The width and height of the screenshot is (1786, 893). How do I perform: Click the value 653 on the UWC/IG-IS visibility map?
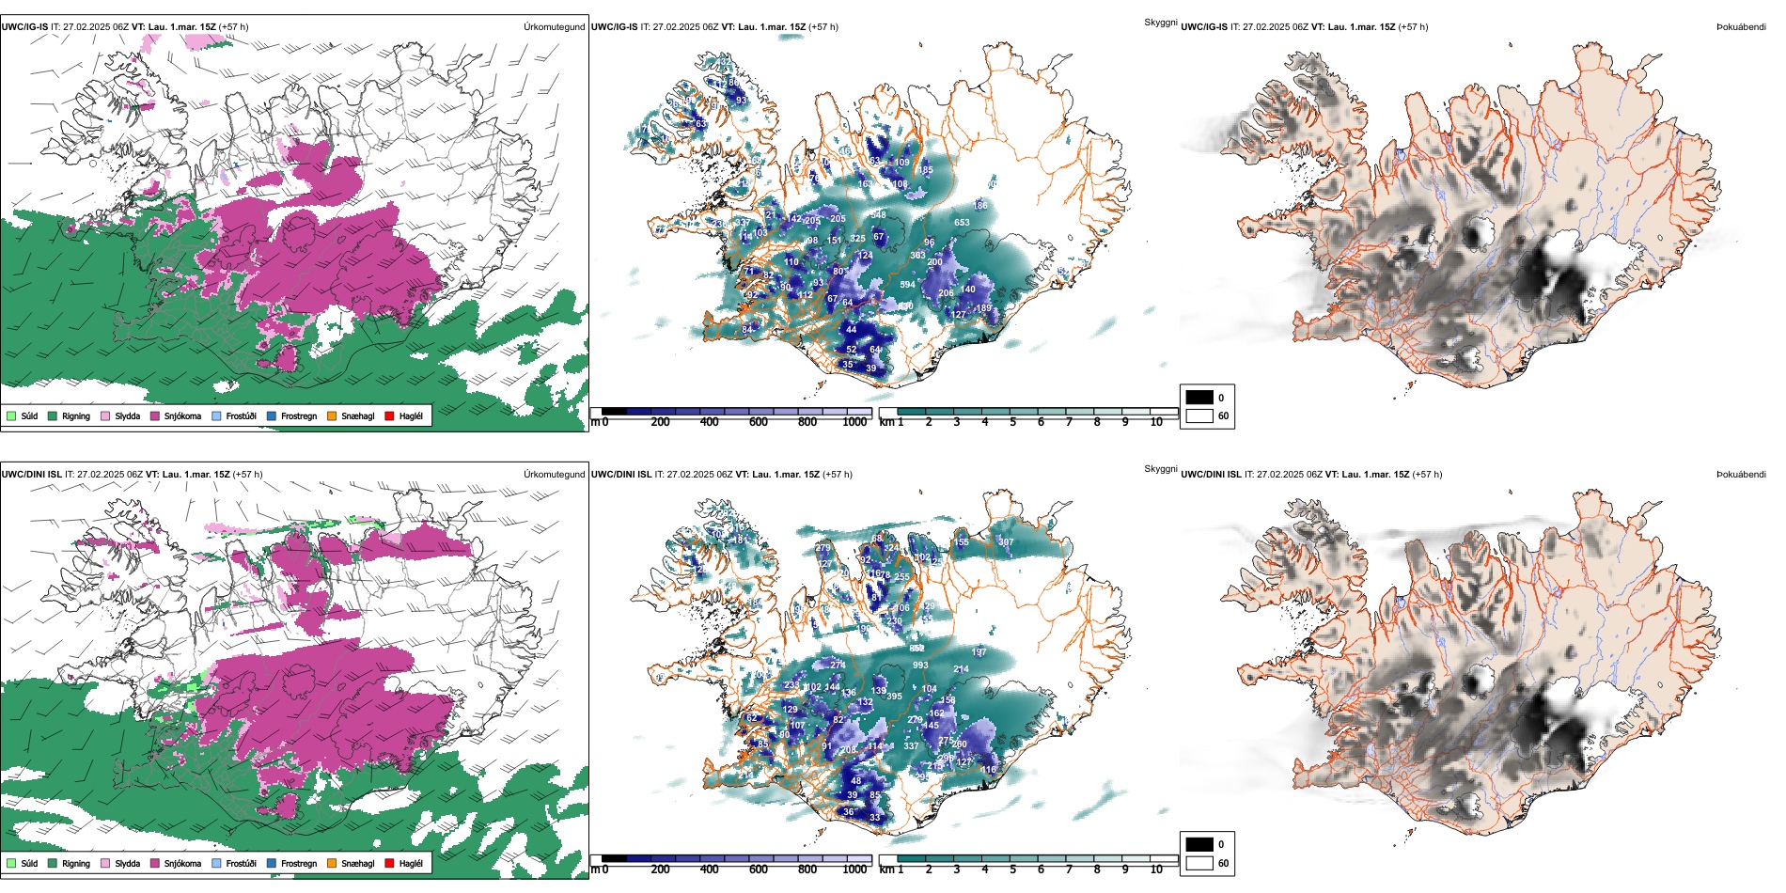pyautogui.click(x=962, y=223)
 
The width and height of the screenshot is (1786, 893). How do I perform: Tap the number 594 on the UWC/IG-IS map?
pyautogui.click(x=907, y=285)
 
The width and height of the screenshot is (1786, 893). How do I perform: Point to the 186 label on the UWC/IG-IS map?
pyautogui.click(x=980, y=206)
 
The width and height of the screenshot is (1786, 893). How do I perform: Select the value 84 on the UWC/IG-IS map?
pyautogui.click(x=747, y=329)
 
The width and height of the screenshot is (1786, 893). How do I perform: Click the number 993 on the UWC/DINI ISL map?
pyautogui.click(x=920, y=666)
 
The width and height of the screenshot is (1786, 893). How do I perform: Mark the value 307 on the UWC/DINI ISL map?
pyautogui.click(x=1006, y=542)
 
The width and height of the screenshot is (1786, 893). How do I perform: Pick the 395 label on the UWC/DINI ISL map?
pyautogui.click(x=894, y=697)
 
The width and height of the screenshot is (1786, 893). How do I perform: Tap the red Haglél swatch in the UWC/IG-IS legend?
pyautogui.click(x=390, y=416)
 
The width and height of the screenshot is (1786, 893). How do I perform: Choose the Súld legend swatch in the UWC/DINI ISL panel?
pyautogui.click(x=11, y=864)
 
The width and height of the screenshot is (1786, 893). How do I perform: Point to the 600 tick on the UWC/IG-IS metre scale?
pyautogui.click(x=759, y=422)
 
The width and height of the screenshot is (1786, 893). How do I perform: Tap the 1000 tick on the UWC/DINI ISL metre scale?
pyautogui.click(x=855, y=869)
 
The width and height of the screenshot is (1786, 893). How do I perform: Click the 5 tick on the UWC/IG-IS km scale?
pyautogui.click(x=1013, y=422)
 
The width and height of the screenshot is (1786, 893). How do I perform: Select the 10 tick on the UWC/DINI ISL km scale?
pyautogui.click(x=1156, y=869)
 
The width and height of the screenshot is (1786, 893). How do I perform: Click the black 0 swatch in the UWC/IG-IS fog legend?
pyautogui.click(x=1199, y=398)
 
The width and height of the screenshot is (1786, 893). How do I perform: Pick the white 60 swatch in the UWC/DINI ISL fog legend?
pyautogui.click(x=1199, y=863)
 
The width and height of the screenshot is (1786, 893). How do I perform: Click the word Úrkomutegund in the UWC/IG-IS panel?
pyautogui.click(x=554, y=27)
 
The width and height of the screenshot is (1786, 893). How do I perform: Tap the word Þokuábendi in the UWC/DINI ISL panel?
pyautogui.click(x=1741, y=475)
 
